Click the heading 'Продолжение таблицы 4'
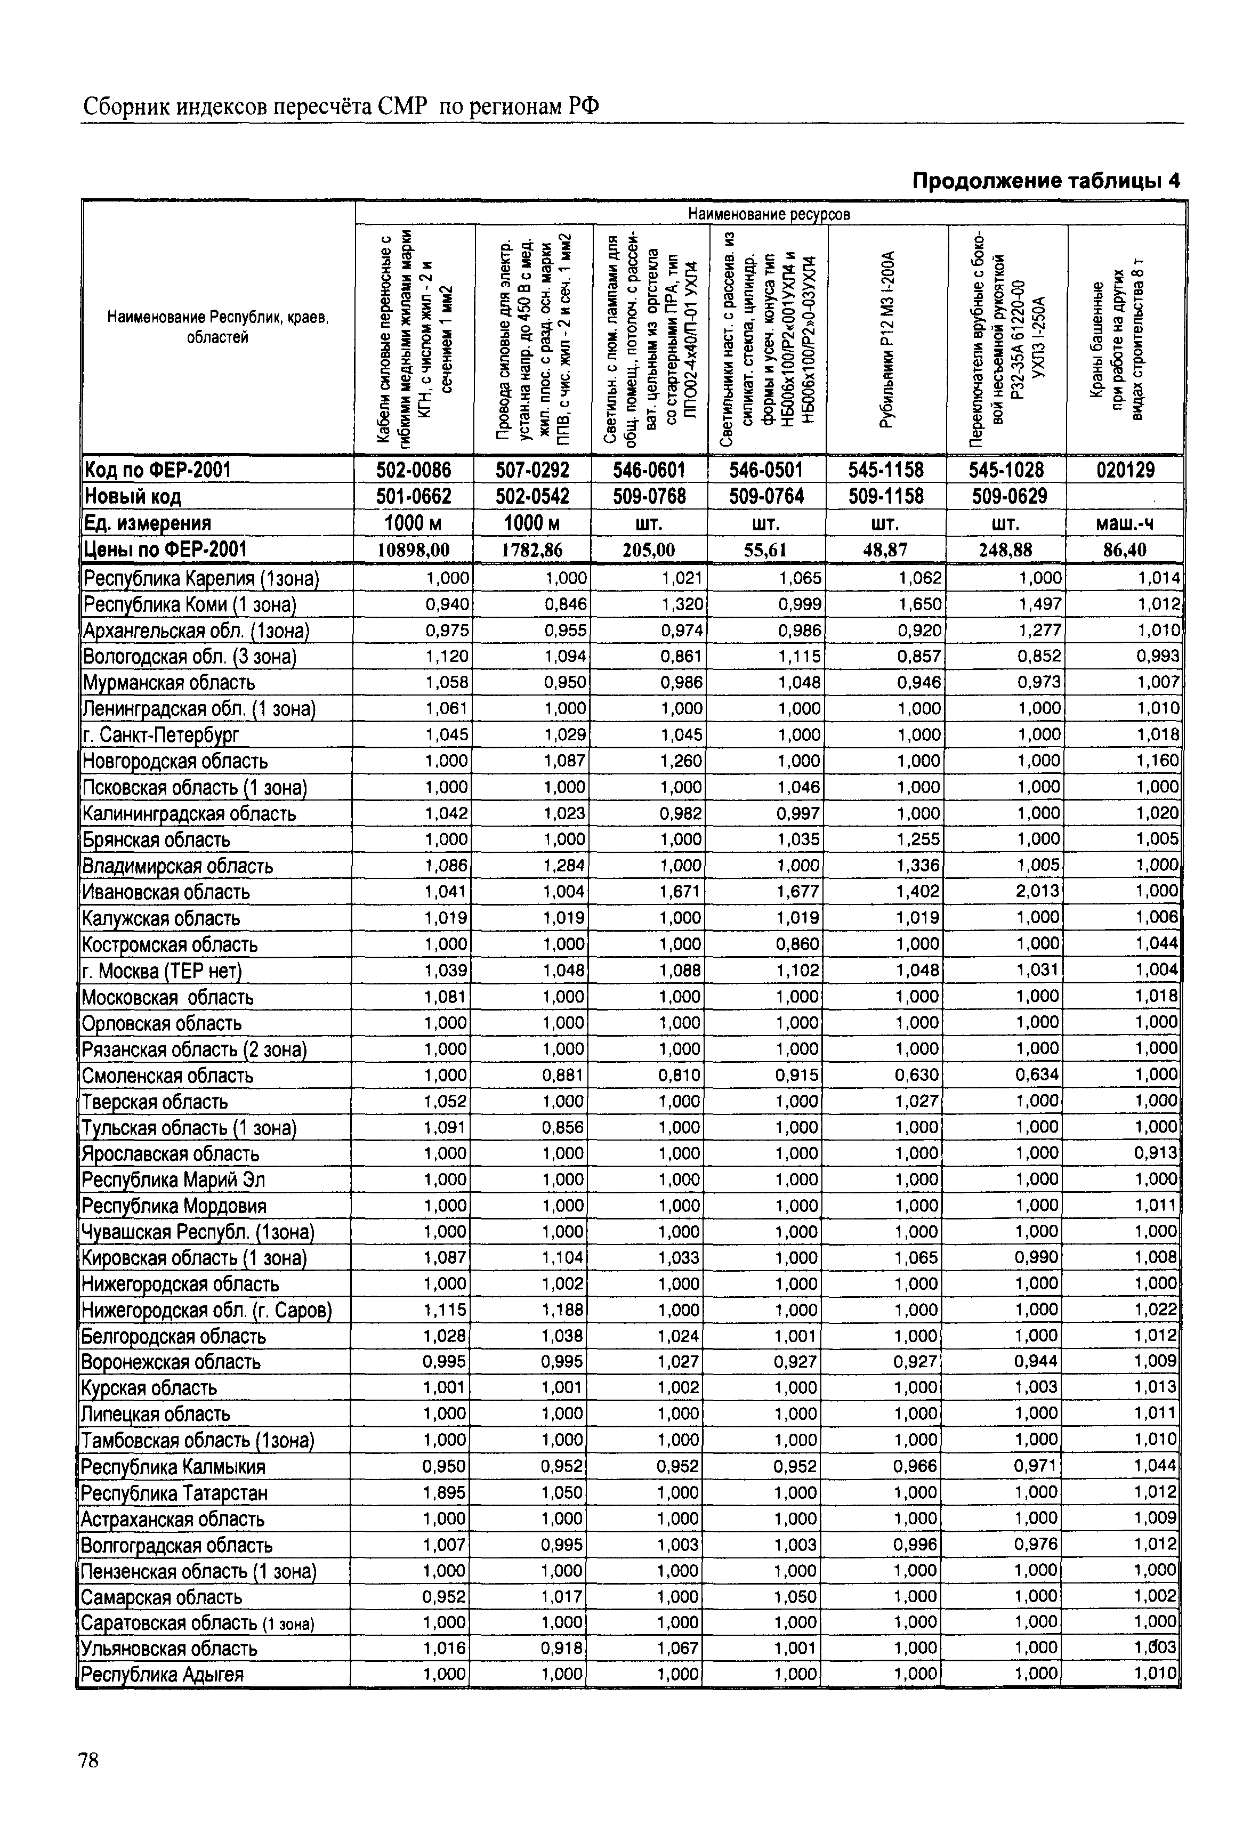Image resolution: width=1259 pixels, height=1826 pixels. (1045, 181)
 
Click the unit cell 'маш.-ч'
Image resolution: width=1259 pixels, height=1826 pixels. (1126, 523)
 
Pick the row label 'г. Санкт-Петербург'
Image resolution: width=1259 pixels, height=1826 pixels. (160, 735)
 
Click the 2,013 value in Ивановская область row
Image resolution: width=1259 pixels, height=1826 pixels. (1038, 891)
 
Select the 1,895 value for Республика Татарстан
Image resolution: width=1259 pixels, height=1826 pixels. (446, 1492)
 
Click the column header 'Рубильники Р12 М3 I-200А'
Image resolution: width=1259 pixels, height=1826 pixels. (886, 339)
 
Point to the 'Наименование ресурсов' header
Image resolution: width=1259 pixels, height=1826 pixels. (769, 214)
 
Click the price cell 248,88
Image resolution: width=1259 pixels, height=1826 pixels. (1006, 550)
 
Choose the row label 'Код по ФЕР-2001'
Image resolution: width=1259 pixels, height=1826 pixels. (157, 470)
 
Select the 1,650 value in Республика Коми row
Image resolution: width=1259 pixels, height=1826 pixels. (920, 604)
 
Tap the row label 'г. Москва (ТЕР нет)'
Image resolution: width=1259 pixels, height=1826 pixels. (162, 970)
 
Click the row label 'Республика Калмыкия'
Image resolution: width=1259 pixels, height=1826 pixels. (174, 1466)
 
